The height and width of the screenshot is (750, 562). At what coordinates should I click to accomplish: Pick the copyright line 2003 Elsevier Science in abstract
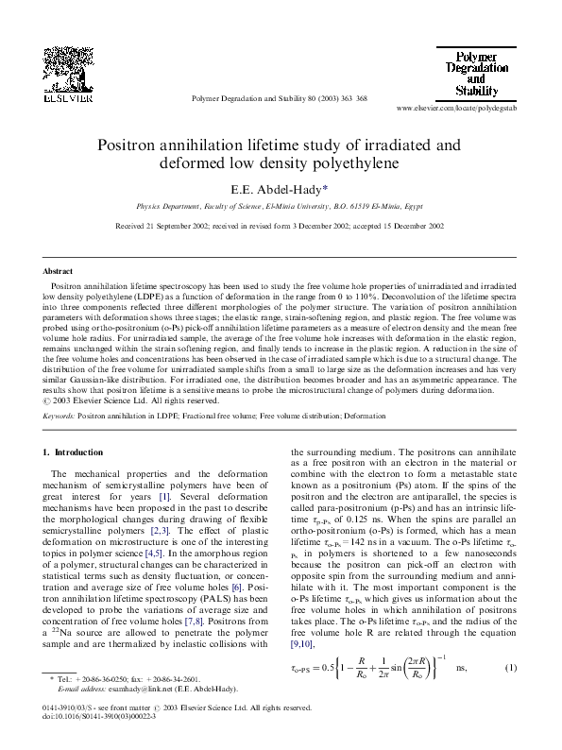[124, 401]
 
